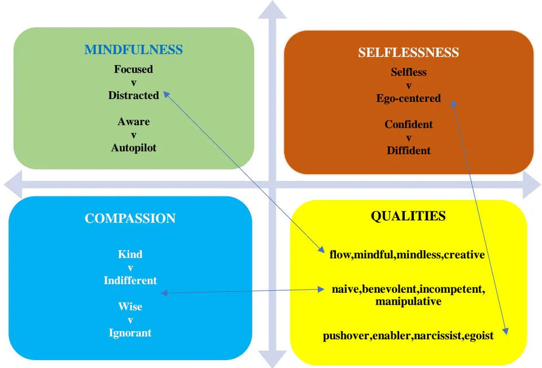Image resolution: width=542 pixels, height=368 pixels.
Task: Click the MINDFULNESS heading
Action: (x=133, y=50)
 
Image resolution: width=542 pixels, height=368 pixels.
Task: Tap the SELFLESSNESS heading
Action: (x=409, y=52)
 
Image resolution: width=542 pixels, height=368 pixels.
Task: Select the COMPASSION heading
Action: (x=130, y=218)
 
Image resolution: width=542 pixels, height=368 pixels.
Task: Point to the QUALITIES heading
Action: (x=408, y=216)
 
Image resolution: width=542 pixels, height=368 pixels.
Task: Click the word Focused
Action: (x=133, y=69)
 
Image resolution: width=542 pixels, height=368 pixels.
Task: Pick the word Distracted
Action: (x=133, y=95)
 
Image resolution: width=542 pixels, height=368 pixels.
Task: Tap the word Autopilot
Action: (x=133, y=148)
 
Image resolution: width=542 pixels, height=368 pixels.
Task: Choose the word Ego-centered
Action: (x=409, y=98)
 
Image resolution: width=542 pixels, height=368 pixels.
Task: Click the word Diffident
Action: (x=409, y=150)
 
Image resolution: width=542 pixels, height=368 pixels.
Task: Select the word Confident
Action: (x=409, y=124)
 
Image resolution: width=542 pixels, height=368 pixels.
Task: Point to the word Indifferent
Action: (x=130, y=280)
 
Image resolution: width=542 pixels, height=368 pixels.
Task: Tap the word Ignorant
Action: (x=130, y=333)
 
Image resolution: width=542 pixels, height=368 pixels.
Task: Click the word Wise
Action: (x=130, y=307)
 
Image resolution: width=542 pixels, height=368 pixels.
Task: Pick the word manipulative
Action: (x=408, y=301)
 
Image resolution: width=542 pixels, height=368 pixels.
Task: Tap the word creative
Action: (x=464, y=255)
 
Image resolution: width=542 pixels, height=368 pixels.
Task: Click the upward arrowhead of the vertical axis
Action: (x=272, y=10)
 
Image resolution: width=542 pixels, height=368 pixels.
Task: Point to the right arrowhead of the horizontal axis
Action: (x=532, y=185)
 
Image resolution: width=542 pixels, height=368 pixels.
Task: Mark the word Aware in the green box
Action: (x=133, y=122)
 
